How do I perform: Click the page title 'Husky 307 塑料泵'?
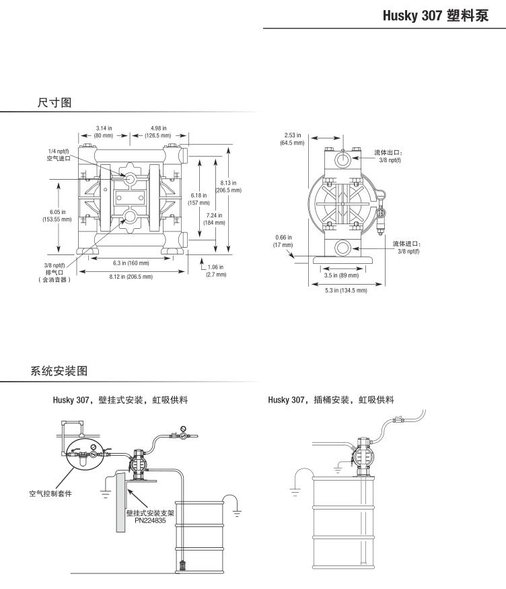(443, 15)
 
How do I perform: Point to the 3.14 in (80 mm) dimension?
(103, 131)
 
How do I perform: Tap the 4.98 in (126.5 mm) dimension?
(159, 131)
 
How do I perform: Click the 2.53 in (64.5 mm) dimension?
(292, 139)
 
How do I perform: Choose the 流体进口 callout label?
(407, 247)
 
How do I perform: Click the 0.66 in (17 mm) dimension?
(283, 240)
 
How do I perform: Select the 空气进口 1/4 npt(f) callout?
(59, 155)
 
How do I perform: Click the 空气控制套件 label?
(50, 493)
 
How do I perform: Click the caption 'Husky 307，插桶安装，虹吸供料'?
(330, 400)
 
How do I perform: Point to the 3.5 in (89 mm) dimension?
(341, 275)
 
